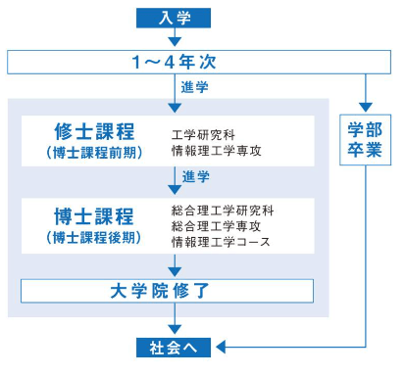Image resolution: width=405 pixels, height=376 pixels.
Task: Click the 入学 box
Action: (174, 18)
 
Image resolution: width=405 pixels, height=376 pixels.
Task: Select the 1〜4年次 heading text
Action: (174, 62)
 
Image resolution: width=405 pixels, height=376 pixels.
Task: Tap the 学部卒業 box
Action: (365, 140)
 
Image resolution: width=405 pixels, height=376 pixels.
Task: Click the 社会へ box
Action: (174, 348)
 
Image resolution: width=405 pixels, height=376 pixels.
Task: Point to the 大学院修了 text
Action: (159, 291)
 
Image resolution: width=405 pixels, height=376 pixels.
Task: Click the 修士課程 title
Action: (94, 131)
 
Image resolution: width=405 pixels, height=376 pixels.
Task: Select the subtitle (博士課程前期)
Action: (94, 153)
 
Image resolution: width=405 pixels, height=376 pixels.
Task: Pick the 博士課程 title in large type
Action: (94, 216)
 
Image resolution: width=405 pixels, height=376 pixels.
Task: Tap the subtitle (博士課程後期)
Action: (94, 237)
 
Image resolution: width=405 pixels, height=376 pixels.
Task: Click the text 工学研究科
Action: (203, 134)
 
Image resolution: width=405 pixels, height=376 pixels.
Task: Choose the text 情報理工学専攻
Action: (217, 151)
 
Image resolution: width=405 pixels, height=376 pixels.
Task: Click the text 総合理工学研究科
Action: (223, 211)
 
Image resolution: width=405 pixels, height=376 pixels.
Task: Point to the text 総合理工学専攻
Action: (216, 226)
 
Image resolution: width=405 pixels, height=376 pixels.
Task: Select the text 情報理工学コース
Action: (221, 242)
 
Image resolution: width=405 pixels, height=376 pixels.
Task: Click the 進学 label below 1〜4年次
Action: (195, 87)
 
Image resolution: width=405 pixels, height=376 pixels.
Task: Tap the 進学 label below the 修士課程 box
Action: (196, 176)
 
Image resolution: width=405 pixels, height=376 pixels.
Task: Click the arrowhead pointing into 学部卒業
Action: (366, 107)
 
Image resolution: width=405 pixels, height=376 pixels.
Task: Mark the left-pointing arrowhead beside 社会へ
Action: (221, 347)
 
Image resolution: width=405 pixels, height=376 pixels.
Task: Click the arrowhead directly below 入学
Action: (175, 41)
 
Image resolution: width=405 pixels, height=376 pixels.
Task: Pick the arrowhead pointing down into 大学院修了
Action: (175, 272)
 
